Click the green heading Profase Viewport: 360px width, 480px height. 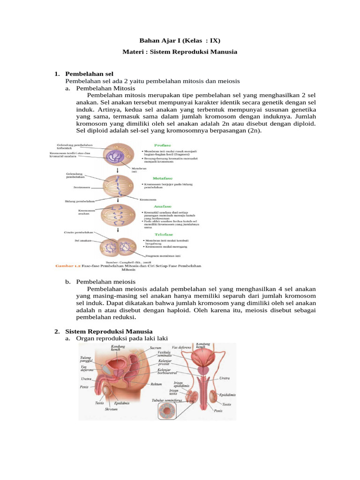tap(162, 145)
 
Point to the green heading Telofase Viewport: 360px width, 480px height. tap(163, 234)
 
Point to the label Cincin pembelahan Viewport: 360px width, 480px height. tap(78, 232)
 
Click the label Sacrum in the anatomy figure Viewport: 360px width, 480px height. tap(155, 348)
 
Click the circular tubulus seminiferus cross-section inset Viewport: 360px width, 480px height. tap(167, 412)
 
